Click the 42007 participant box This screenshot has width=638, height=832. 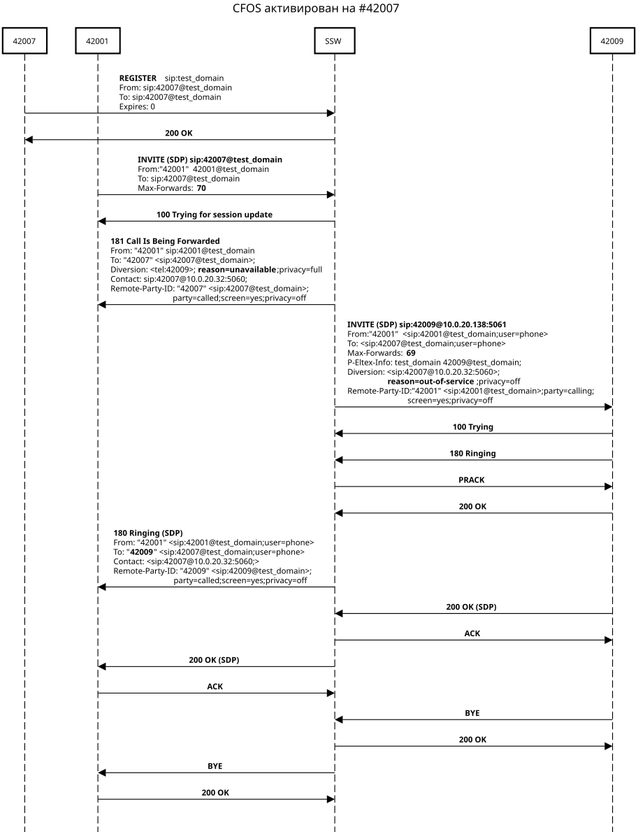click(24, 41)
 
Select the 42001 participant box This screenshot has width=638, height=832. click(98, 41)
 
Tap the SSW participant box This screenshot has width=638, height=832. click(334, 41)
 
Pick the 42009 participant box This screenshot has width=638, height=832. click(612, 41)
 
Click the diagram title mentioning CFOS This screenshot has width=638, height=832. click(319, 9)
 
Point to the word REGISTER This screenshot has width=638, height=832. click(138, 78)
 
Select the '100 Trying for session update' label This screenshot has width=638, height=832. click(215, 214)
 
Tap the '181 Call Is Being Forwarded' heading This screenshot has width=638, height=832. click(165, 241)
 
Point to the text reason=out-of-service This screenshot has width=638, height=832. click(430, 382)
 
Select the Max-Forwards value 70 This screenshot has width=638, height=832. click(201, 188)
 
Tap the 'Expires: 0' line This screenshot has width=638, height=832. click(137, 106)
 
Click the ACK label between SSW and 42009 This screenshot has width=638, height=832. click(472, 633)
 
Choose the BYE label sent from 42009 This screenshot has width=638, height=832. click(472, 713)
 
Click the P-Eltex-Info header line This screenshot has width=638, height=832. click(434, 363)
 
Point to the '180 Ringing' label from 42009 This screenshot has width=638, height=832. click(472, 453)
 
